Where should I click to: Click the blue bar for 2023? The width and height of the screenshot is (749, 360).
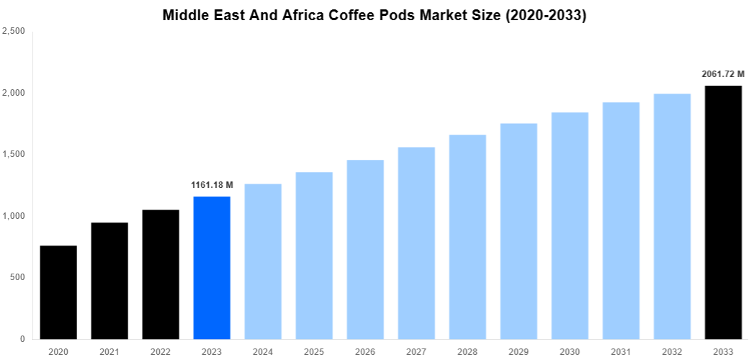tap(212, 268)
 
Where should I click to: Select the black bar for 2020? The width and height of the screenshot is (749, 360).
tap(58, 292)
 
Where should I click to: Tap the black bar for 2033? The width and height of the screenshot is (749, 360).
tap(723, 212)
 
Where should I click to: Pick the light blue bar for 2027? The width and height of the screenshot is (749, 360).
tap(416, 243)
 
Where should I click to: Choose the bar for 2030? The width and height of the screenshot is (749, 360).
tap(570, 225)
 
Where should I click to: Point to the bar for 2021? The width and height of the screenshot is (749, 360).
tap(109, 281)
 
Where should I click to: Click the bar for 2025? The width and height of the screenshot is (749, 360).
tap(314, 256)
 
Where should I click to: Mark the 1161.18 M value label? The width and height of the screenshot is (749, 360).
tap(212, 185)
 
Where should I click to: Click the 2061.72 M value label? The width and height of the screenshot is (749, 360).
tap(723, 74)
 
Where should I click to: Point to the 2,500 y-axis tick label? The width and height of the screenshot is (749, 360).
tap(14, 31)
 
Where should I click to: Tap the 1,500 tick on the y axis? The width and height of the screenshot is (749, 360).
tap(14, 154)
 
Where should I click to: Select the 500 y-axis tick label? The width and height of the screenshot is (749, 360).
tap(17, 277)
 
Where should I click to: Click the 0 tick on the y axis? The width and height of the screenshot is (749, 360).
tap(23, 339)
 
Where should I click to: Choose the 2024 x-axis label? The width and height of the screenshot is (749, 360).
tap(263, 351)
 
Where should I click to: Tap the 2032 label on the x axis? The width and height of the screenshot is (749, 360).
tap(672, 351)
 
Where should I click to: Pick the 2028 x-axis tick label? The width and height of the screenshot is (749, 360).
tap(467, 351)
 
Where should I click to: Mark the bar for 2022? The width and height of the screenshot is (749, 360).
tap(161, 274)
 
